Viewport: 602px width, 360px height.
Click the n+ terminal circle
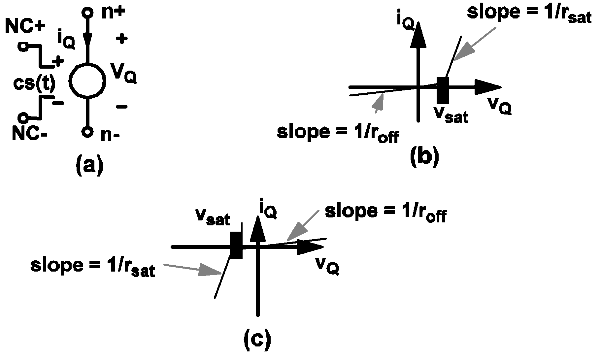pyautogui.click(x=87, y=14)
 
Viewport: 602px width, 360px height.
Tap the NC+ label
pyautogui.click(x=24, y=27)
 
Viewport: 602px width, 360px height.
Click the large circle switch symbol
pyautogui.click(x=87, y=81)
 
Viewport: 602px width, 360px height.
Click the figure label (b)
pyautogui.click(x=425, y=157)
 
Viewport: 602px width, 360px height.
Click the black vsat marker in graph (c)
pyautogui.click(x=236, y=245)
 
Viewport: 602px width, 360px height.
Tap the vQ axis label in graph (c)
pyautogui.click(x=327, y=266)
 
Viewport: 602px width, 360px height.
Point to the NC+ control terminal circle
pyautogui.click(x=23, y=47)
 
